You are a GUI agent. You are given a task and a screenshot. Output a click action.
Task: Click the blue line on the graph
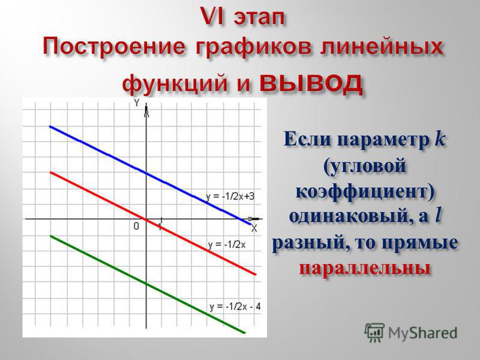[x=150, y=175]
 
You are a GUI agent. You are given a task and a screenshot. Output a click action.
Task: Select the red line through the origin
[x=152, y=223]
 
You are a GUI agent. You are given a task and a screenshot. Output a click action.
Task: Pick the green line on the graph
[x=147, y=284]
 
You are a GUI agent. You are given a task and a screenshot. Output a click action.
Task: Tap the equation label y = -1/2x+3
[x=230, y=197]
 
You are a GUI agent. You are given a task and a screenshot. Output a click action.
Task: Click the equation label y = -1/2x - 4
[x=235, y=307]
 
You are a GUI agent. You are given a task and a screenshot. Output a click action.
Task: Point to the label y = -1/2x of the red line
[x=227, y=245]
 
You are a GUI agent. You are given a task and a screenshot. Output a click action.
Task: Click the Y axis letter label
[x=137, y=103]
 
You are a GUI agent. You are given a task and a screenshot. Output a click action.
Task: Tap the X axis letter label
[x=254, y=229]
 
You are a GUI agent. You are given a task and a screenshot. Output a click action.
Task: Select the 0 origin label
[x=136, y=226]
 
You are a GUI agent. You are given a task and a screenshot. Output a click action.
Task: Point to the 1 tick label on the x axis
[x=160, y=226]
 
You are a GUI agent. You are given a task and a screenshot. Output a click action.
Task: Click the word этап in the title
[x=259, y=18]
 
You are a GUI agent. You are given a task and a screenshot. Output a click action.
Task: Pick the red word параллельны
[x=365, y=268]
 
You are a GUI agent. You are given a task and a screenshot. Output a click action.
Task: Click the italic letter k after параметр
[x=440, y=139]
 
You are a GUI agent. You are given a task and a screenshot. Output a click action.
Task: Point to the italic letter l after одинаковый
[x=438, y=216]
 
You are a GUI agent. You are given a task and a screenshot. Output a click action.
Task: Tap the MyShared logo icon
[x=374, y=332]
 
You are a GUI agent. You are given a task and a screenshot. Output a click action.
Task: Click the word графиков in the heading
[x=253, y=49]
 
